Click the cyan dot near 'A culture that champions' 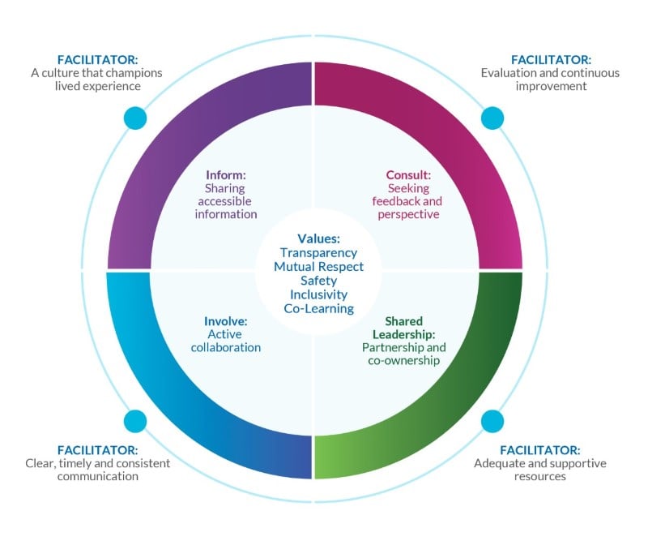(136, 118)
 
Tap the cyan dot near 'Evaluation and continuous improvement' (492, 118)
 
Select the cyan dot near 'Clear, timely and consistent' (135, 421)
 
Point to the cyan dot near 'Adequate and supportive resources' (492, 421)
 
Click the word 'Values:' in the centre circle (318, 238)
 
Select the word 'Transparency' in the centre (318, 252)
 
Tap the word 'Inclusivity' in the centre (318, 294)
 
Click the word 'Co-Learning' (318, 308)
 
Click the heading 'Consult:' (407, 174)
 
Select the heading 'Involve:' (225, 320)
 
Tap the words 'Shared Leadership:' (404, 328)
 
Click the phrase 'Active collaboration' (225, 341)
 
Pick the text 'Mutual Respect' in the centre (318, 266)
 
